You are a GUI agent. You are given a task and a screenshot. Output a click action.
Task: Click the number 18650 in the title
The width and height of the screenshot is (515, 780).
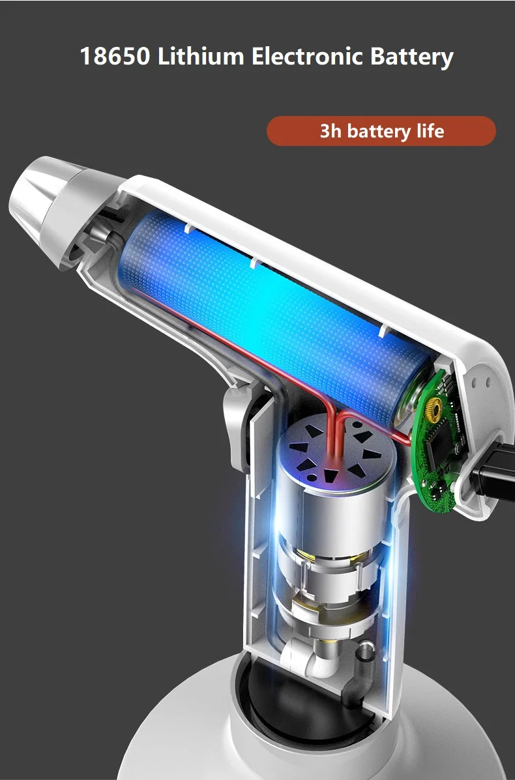[115, 56]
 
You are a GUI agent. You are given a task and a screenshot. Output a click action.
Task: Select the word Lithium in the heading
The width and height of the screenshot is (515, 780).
[201, 56]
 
